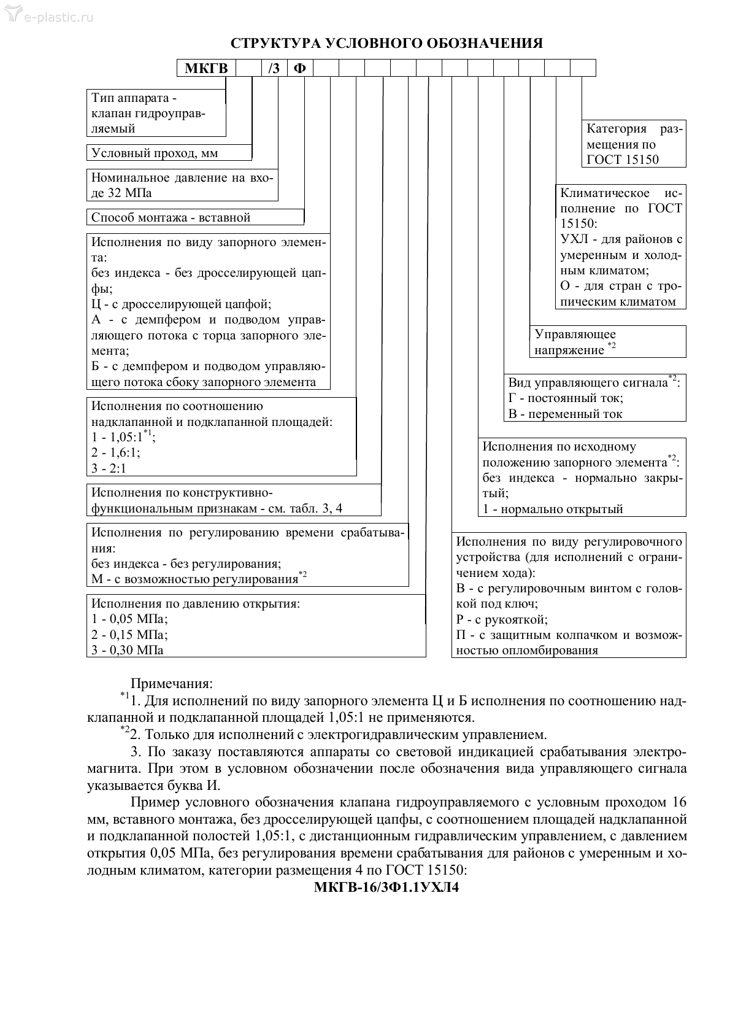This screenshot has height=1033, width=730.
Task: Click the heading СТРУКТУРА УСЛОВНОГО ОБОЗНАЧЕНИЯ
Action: (x=386, y=44)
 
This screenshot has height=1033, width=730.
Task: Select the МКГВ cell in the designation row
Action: (x=206, y=68)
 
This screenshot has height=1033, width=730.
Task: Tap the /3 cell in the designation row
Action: (x=274, y=68)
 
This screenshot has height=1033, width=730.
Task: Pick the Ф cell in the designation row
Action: (x=299, y=68)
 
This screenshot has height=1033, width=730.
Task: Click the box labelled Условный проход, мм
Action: (x=155, y=153)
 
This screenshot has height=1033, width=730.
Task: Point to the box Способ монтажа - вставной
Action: (x=171, y=217)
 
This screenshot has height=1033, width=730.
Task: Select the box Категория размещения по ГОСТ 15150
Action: (x=634, y=145)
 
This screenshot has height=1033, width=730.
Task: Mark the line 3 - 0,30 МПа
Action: (x=128, y=650)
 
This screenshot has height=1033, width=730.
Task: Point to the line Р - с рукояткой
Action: (x=502, y=619)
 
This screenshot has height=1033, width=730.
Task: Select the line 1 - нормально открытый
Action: (x=552, y=509)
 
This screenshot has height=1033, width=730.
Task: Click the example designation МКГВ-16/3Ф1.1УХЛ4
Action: (x=386, y=888)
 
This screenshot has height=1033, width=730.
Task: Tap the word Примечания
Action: (x=172, y=684)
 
